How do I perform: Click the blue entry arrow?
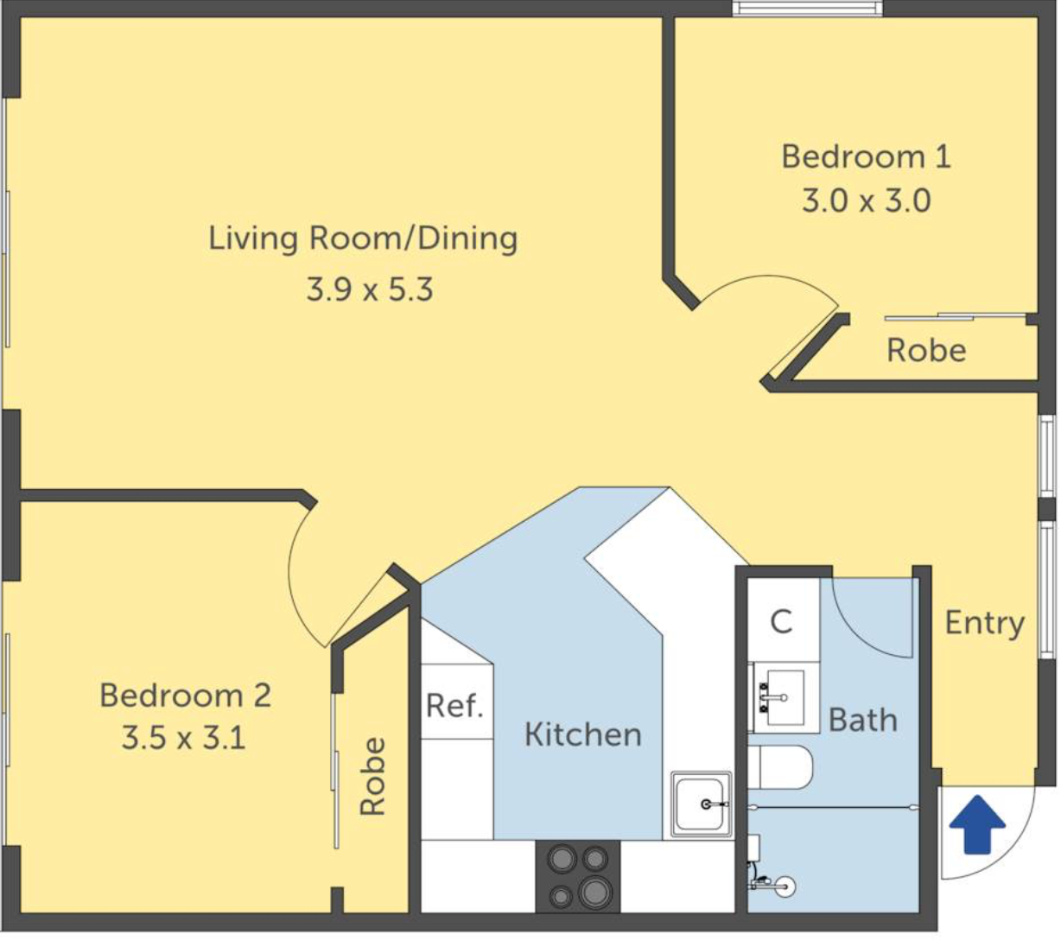pos(976,823)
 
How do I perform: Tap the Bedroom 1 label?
pos(866,156)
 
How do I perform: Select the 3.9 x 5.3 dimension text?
pos(370,289)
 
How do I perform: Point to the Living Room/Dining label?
pos(363,239)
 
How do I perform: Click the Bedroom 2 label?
pos(186,695)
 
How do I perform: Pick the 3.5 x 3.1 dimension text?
pos(184,738)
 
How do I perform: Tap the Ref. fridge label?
pos(454,705)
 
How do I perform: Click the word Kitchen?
pos(583,734)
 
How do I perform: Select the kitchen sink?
pos(702,804)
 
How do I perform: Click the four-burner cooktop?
pos(578,877)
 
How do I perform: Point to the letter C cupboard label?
pos(781,621)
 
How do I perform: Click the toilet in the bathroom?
pos(780,767)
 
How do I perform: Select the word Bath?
pos(863,720)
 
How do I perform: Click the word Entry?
pos(985,623)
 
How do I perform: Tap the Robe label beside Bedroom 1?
pos(926,350)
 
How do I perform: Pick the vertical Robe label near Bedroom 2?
pos(373,777)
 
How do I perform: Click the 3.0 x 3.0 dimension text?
pos(867,200)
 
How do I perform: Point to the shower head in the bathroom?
pos(784,887)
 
